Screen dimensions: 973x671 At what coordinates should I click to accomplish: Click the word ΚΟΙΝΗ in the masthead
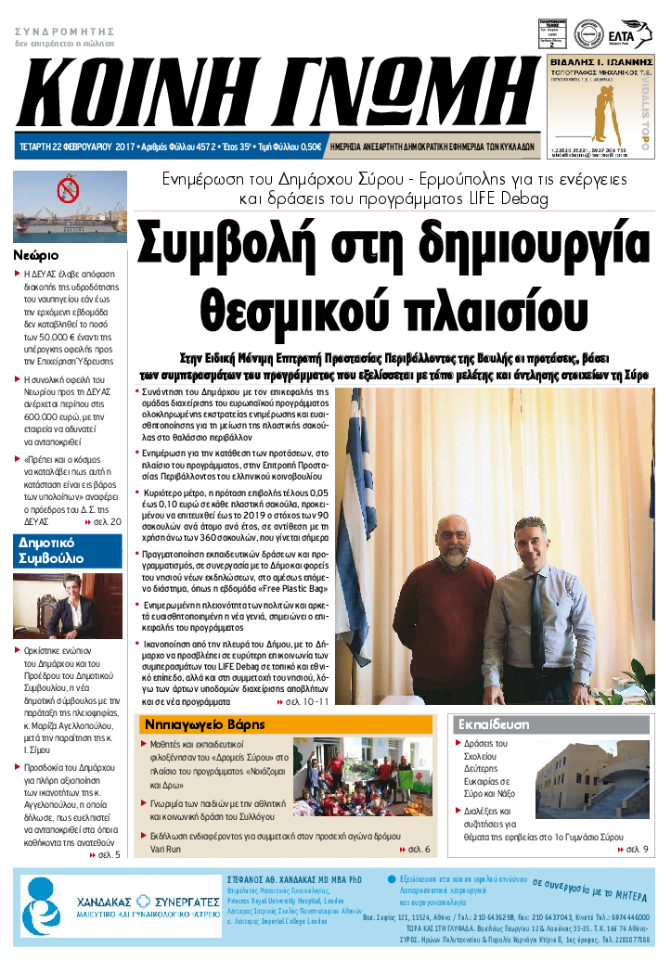(x=125, y=94)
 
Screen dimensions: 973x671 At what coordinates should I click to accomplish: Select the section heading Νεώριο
(x=37, y=254)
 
